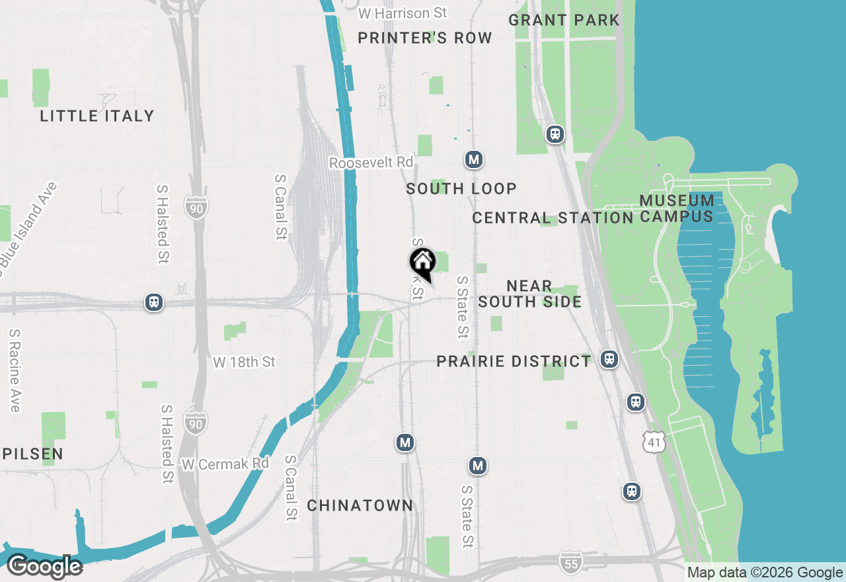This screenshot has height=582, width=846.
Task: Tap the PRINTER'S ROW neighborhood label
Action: (x=425, y=38)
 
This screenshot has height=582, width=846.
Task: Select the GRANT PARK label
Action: (x=564, y=20)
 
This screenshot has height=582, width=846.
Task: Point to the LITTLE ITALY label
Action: (x=97, y=116)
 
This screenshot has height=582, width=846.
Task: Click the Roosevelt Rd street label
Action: (x=371, y=163)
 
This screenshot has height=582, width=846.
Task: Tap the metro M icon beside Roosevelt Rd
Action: (x=473, y=159)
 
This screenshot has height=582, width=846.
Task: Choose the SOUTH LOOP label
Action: (x=461, y=189)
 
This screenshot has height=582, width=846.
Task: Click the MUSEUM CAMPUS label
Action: (x=677, y=208)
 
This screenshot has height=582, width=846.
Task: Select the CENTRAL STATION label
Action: (x=553, y=218)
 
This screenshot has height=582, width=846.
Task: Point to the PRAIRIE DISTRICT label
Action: (x=514, y=362)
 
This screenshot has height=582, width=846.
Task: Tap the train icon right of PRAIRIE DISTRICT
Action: (x=609, y=359)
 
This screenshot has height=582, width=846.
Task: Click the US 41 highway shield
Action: (x=654, y=442)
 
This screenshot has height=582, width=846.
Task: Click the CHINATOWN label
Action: (x=360, y=506)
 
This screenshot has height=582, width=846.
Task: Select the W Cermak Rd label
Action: (x=225, y=464)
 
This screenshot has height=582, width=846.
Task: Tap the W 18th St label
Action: (x=244, y=362)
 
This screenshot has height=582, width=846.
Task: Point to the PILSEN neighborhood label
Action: (x=32, y=454)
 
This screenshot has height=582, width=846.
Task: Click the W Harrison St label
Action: (x=403, y=13)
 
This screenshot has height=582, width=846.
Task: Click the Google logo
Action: (x=44, y=567)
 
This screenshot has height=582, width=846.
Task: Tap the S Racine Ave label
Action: (x=14, y=371)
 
